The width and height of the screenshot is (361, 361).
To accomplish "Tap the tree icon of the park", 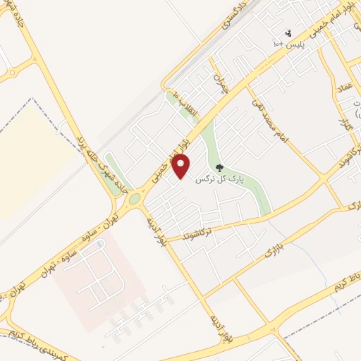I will pos(219,168).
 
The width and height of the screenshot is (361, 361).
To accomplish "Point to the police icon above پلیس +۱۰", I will pos(288,32).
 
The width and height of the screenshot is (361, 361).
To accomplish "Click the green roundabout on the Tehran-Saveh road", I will pos(134,199).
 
